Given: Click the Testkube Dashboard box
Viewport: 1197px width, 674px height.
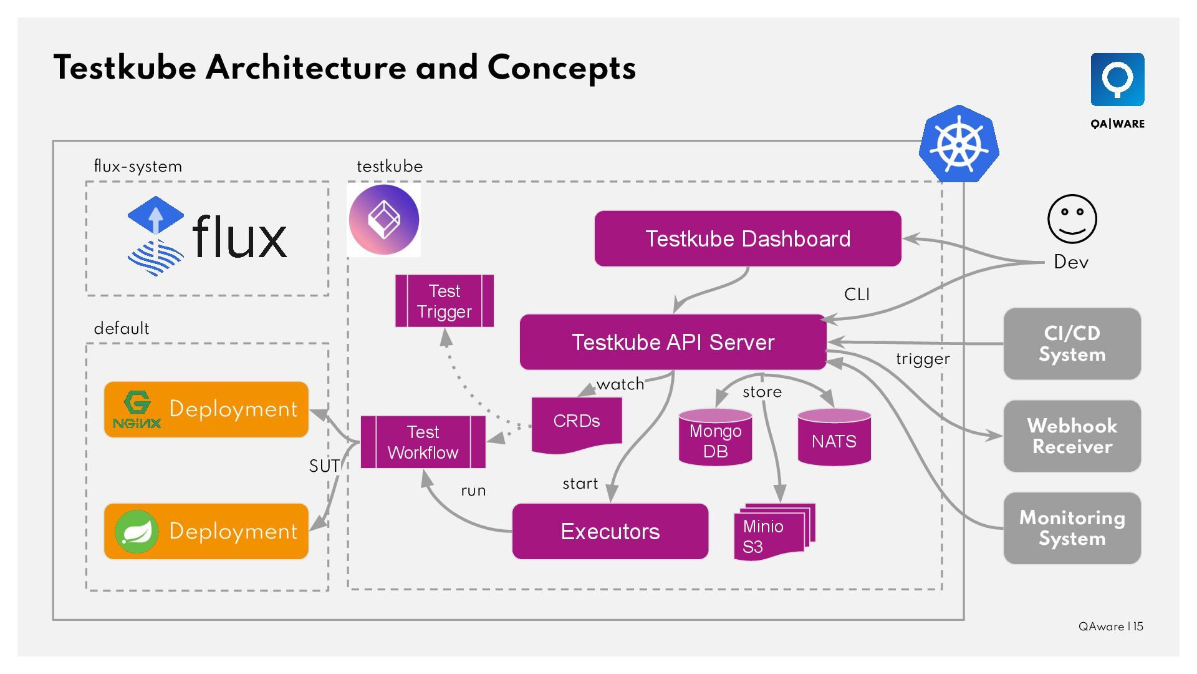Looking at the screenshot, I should [748, 238].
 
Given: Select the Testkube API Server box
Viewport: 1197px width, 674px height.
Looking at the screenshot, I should [673, 342].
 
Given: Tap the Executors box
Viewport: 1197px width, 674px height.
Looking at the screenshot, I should [610, 531].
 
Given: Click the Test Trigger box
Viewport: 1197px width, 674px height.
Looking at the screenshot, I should [445, 301].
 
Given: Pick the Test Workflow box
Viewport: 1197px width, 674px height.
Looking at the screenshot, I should [423, 442].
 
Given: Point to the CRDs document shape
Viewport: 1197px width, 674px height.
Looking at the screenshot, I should [577, 422].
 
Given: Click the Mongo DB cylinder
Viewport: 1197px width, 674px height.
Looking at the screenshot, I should [715, 439].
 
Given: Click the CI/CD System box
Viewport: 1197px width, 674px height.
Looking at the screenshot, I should [1072, 343].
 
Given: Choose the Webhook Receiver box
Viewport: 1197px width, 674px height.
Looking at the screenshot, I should [1072, 436].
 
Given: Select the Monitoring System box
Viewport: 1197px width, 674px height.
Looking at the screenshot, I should [1072, 528].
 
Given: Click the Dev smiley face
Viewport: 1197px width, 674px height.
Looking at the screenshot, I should [1072, 218].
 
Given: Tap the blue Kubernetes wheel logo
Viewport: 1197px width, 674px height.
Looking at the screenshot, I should [959, 144].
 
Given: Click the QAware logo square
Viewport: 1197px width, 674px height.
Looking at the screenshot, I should [1117, 80].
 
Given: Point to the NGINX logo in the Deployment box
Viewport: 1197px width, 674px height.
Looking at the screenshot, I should [137, 410].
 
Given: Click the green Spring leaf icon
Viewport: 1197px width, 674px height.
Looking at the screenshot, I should [136, 531].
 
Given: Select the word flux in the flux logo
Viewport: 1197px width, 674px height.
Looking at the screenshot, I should [239, 237].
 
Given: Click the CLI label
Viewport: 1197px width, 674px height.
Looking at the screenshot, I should [857, 295].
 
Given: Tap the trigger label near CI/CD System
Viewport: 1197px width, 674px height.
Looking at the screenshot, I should [923, 359].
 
